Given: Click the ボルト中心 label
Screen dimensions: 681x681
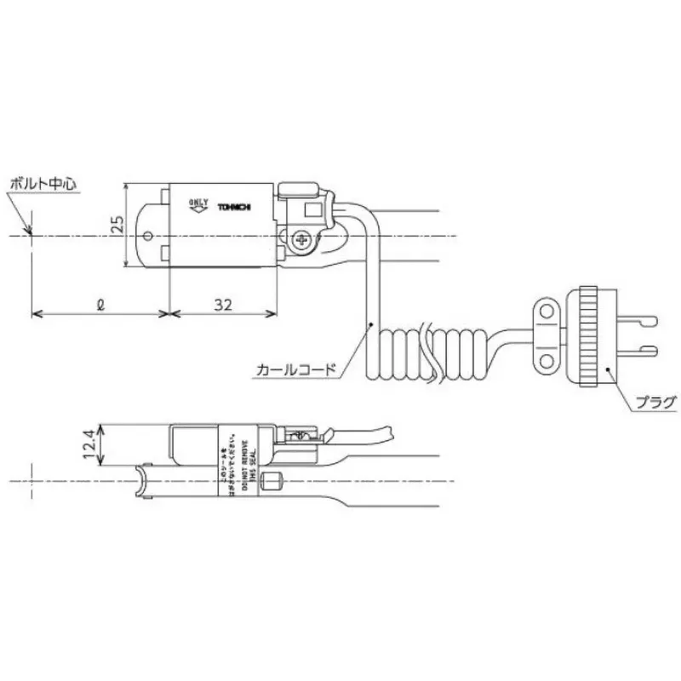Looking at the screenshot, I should click(x=43, y=183).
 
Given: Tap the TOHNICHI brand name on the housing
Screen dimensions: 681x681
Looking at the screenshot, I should click(x=234, y=208).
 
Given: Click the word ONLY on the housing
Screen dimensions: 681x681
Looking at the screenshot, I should click(x=197, y=202).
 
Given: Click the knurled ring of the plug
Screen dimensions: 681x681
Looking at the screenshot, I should click(x=588, y=336).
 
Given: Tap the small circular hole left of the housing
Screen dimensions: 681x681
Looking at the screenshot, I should click(x=149, y=236).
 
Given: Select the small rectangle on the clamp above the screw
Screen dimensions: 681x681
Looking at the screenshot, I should click(x=312, y=209).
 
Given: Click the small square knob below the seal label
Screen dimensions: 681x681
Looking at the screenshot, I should click(x=273, y=482).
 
